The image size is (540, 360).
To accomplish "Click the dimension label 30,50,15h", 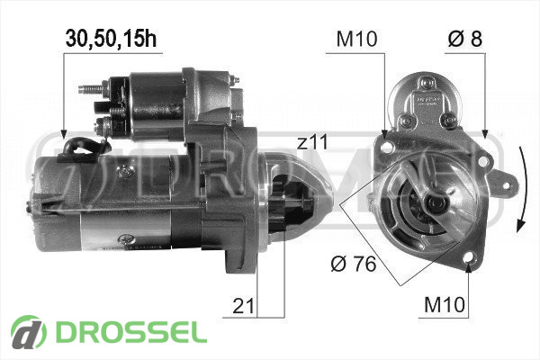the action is click(x=111, y=38).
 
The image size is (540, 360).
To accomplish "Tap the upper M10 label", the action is click(x=356, y=39).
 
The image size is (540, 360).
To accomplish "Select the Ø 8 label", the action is click(x=465, y=38).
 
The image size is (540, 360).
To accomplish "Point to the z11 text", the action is click(x=312, y=142).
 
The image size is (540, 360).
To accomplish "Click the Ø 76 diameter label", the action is click(x=354, y=265).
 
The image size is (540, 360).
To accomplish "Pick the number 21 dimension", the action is click(x=243, y=306).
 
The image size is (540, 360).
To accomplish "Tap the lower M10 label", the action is click(x=445, y=304).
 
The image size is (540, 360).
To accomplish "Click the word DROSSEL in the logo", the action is click(x=131, y=333).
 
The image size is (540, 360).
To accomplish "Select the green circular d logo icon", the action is click(x=29, y=333).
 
